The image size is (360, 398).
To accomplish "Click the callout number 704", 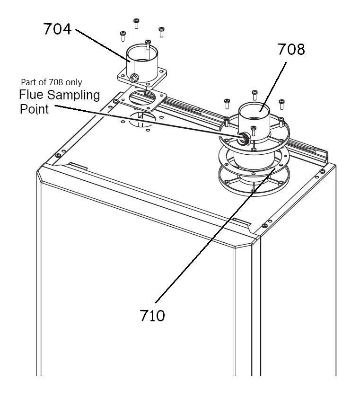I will [x=57, y=29].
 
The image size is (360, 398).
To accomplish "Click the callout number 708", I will [x=291, y=50].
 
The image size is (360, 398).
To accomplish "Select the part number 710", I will [x=153, y=315].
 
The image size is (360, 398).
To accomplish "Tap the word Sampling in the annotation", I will [x=74, y=95].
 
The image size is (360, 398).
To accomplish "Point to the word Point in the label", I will [x=34, y=109].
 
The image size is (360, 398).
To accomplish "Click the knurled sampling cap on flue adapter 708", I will [x=243, y=139].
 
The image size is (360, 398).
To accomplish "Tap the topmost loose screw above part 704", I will [x=136, y=21].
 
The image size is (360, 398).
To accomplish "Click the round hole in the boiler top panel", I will [x=142, y=118].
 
